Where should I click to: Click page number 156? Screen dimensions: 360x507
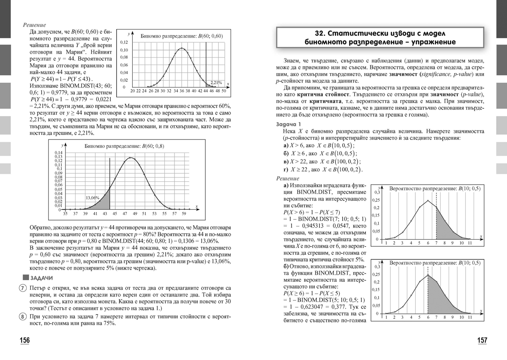25,341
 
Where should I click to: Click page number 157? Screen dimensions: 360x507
482,341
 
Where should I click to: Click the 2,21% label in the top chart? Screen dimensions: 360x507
216,83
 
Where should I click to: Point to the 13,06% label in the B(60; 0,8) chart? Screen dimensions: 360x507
93,197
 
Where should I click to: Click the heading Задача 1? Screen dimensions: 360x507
289,124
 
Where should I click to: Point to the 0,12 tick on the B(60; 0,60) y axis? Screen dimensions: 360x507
124,43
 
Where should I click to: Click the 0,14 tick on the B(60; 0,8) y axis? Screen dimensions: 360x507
59,153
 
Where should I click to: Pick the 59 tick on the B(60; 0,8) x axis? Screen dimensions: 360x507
183,214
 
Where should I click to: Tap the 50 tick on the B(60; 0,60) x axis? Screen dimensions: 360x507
224,91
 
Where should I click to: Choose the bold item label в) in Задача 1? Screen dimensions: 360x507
287,161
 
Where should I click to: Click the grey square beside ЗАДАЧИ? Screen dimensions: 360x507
26,278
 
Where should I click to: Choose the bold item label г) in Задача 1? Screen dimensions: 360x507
286,169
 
